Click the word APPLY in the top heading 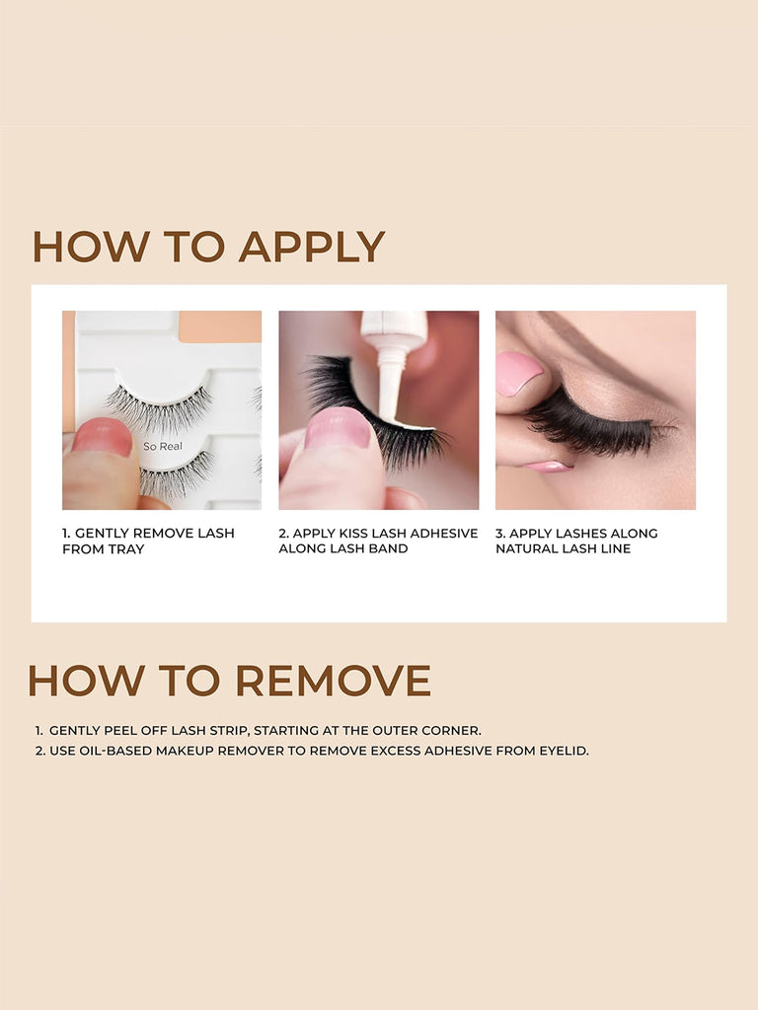(x=312, y=247)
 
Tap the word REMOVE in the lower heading (x=333, y=681)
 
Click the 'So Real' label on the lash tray (x=163, y=447)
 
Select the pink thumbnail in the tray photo (x=102, y=437)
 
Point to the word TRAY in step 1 (x=126, y=549)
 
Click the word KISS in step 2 (x=357, y=534)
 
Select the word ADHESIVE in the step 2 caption (x=437, y=534)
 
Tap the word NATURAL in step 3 (x=529, y=549)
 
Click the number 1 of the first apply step (x=66, y=534)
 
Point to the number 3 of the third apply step (x=499, y=534)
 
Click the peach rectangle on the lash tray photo (x=219, y=326)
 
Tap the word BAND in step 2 (x=388, y=549)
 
